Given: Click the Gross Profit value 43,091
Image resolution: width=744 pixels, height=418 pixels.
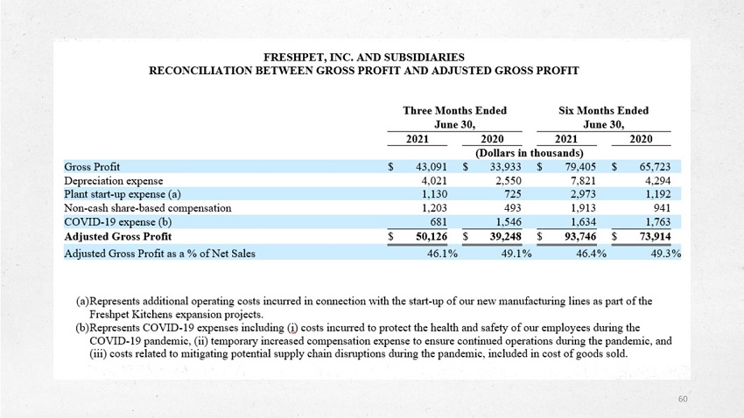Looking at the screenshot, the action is pyautogui.click(x=432, y=167).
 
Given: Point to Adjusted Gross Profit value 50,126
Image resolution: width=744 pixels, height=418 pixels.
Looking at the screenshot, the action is pyautogui.click(x=432, y=236).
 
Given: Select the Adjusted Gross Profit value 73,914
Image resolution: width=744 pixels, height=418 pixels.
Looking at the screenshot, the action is pyautogui.click(x=655, y=236).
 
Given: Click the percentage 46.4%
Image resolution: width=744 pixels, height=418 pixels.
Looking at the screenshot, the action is pyautogui.click(x=591, y=254).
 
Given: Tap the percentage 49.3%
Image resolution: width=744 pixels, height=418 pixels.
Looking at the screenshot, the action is pyautogui.click(x=666, y=254).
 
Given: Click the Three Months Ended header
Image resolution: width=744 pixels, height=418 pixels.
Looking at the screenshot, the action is pyautogui.click(x=454, y=110).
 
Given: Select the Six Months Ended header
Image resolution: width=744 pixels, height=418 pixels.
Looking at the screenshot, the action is pyautogui.click(x=603, y=110).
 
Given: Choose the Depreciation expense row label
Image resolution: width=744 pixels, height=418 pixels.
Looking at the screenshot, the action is pyautogui.click(x=114, y=180).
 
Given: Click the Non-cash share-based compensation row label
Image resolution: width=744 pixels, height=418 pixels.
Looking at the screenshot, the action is pyautogui.click(x=148, y=208).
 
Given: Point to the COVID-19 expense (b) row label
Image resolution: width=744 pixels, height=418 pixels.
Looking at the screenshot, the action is pyautogui.click(x=117, y=222).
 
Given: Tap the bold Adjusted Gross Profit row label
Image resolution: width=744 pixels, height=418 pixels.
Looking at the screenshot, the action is pyautogui.click(x=117, y=236).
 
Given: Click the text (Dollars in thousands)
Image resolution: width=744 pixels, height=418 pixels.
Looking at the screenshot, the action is pyautogui.click(x=529, y=153).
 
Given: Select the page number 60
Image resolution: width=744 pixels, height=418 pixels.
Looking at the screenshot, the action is pyautogui.click(x=683, y=399).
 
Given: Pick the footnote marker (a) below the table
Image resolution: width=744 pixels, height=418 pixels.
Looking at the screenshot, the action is pyautogui.click(x=82, y=301).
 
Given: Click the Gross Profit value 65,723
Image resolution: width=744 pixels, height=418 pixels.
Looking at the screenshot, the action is pyautogui.click(x=655, y=167).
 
